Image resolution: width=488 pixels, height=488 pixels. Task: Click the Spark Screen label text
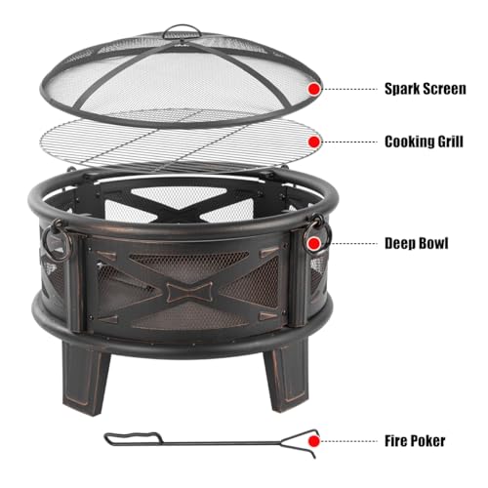tap(426, 87)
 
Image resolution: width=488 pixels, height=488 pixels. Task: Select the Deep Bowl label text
tap(417, 242)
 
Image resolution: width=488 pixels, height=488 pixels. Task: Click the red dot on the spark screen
tap(314, 88)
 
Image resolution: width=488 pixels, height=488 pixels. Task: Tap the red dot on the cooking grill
tap(314, 141)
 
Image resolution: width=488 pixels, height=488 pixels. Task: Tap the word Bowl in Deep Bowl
tap(433, 242)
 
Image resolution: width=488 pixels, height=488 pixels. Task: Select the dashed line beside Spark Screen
tap(350, 88)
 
